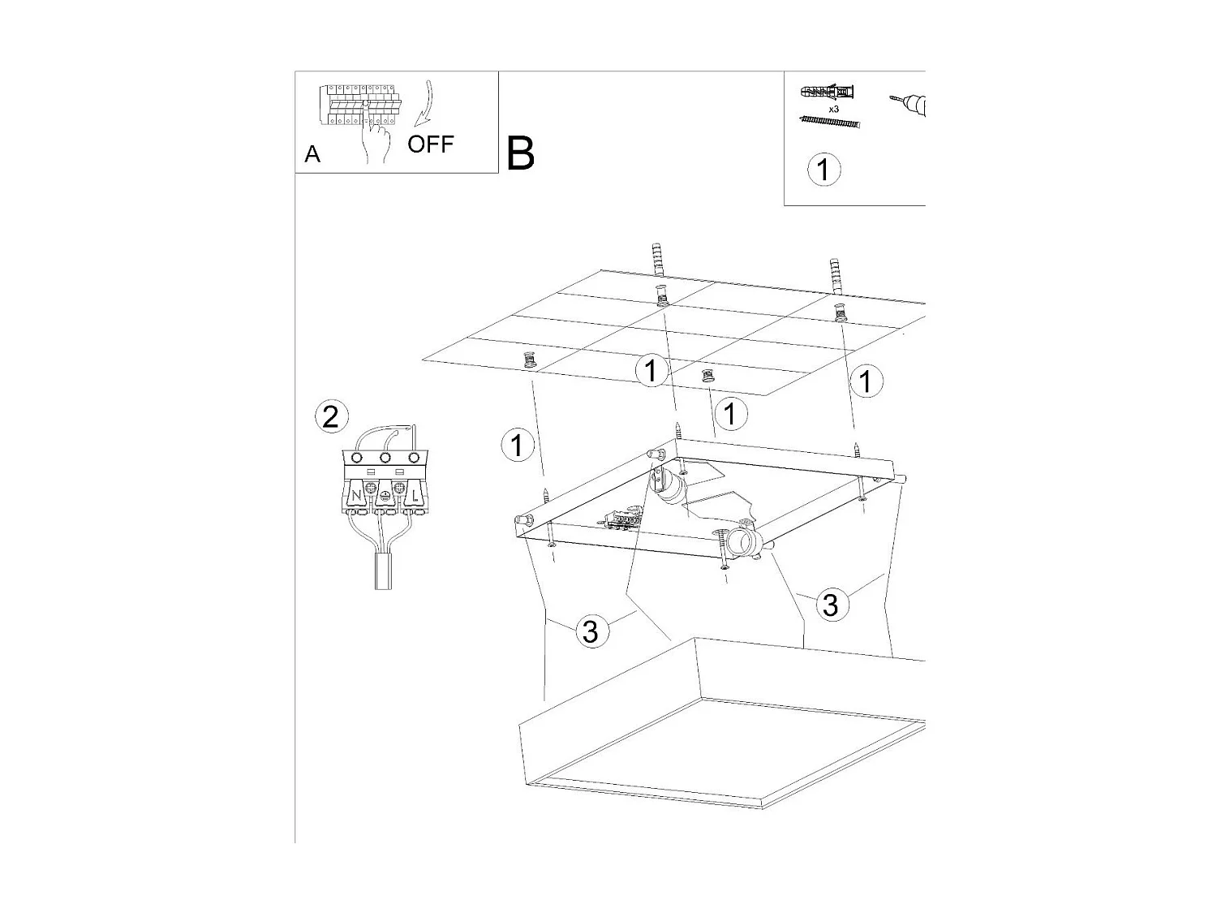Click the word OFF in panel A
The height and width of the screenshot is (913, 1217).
tap(430, 144)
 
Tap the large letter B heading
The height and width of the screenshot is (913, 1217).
tap(520, 153)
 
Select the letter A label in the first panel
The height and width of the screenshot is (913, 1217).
tap(312, 154)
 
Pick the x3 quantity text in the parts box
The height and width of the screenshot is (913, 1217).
tap(833, 110)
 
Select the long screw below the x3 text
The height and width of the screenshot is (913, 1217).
tap(829, 122)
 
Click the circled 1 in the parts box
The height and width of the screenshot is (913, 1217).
tap(824, 170)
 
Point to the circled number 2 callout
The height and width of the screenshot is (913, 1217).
tap(332, 416)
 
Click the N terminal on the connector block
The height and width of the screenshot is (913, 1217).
tap(355, 495)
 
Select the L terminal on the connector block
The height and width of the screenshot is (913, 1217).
tap(414, 495)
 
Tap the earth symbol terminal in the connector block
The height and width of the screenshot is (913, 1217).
tap(385, 496)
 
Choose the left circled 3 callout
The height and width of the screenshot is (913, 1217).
tap(591, 631)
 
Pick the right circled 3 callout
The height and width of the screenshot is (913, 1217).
tap(830, 605)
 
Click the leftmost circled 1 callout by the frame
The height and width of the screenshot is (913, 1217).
tap(517, 445)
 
